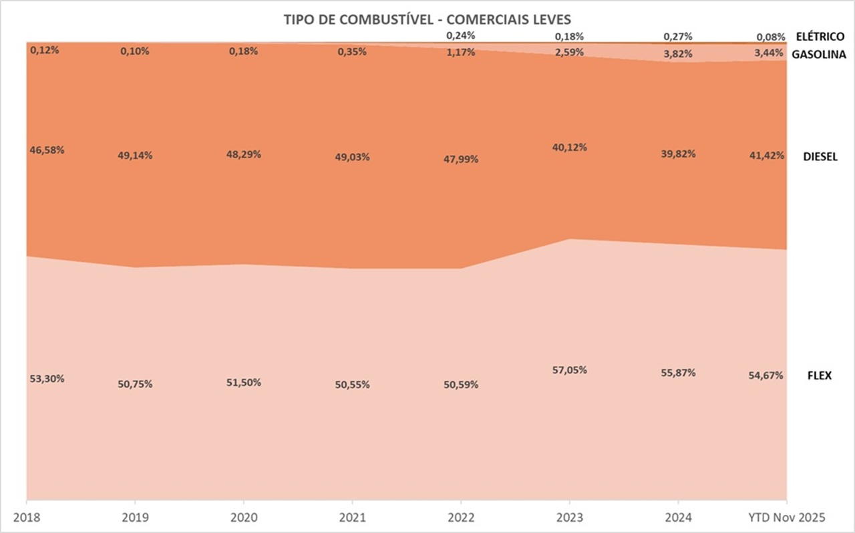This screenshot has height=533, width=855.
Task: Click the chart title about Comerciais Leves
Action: point(427,19)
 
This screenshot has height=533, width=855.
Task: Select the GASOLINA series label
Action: point(819,55)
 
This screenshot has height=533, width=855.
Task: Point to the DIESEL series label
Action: point(820,157)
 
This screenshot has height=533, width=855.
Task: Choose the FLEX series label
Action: point(820,375)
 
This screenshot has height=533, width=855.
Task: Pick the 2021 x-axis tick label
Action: point(351,516)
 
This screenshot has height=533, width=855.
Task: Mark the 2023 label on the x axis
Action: point(568,516)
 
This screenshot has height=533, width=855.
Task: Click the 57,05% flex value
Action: point(570,370)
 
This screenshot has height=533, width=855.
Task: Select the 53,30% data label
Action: point(47,379)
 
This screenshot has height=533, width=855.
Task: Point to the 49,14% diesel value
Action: point(135,156)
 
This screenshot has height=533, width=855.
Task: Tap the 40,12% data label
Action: point(570,148)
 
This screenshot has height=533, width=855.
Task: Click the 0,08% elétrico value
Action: point(769,37)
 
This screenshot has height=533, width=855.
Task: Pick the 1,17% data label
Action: point(461,52)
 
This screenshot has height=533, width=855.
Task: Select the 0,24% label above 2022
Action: point(461,36)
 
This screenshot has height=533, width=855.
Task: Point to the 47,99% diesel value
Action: point(461,160)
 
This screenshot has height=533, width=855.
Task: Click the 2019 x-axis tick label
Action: point(136,516)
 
